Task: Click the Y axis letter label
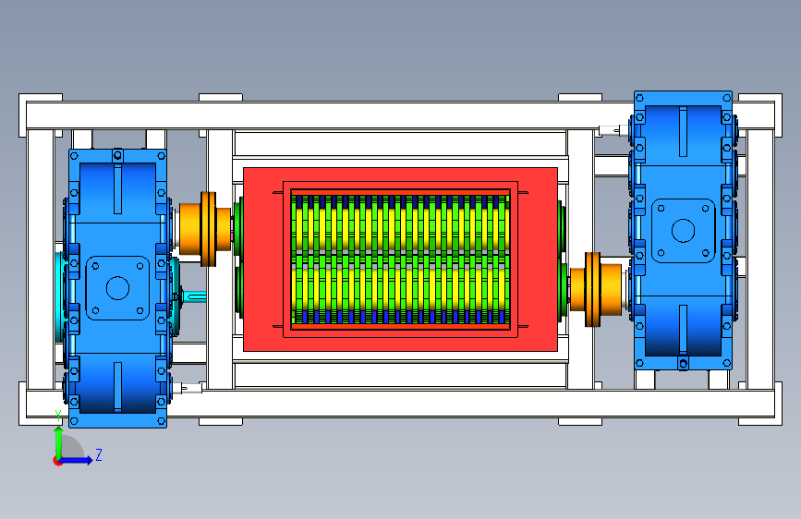coord(58,416)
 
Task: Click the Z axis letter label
coord(99,454)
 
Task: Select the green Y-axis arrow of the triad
coord(59,442)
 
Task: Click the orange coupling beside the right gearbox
coord(596,289)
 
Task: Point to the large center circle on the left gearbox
coord(117,288)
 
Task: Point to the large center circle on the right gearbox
coord(683,230)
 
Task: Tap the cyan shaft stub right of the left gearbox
coord(194,296)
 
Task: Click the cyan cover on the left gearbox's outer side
coord(60,296)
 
